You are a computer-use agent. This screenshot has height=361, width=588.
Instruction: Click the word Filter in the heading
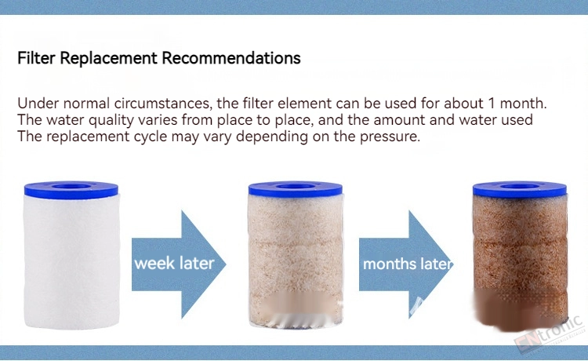tap(36, 58)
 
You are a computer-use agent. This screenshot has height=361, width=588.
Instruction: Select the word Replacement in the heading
tap(109, 59)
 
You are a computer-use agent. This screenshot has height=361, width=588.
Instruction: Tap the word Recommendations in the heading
tap(231, 58)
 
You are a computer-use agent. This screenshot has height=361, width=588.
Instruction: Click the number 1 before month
tap(491, 103)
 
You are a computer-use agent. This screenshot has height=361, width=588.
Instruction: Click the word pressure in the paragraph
tap(390, 137)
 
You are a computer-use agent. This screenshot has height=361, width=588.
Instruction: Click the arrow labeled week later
tap(179, 264)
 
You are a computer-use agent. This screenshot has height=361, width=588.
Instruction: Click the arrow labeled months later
tap(406, 264)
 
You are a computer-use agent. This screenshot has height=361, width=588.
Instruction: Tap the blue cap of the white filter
tap(71, 189)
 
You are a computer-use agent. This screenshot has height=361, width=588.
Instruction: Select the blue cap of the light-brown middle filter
tap(296, 189)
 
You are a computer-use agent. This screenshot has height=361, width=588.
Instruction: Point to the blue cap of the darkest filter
tap(520, 189)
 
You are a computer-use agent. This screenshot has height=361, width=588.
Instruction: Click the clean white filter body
tap(71, 261)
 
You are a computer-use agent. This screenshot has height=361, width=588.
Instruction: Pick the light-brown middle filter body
tap(296, 261)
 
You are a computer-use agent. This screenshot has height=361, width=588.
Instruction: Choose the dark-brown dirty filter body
tap(521, 262)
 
